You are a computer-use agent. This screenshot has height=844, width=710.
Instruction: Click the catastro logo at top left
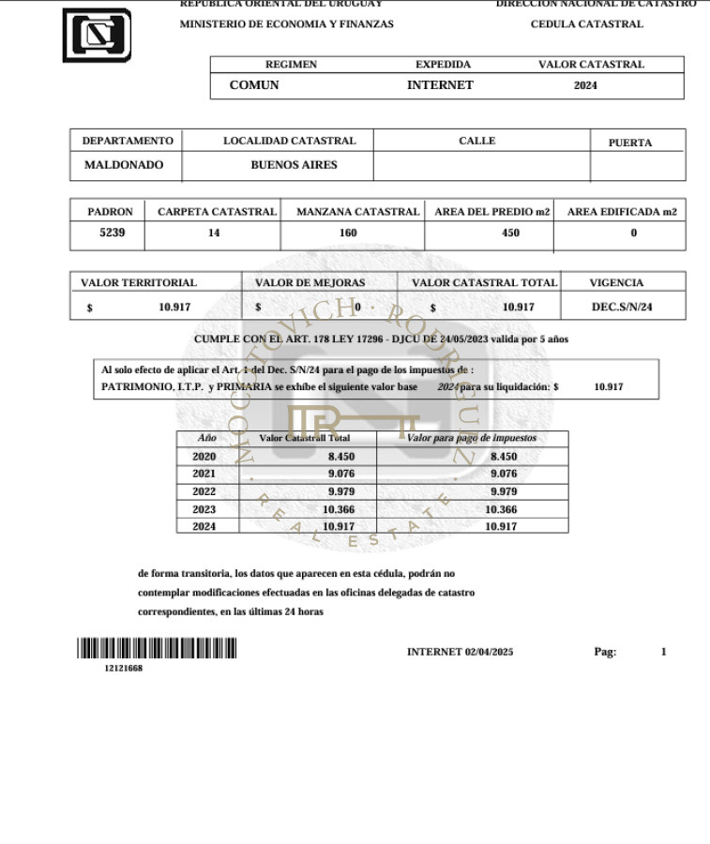click(97, 35)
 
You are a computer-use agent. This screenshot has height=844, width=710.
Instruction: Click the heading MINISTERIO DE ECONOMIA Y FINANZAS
click(287, 24)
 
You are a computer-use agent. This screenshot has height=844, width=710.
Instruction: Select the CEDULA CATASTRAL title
click(587, 24)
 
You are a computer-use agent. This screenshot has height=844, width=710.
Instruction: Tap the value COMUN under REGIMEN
click(254, 85)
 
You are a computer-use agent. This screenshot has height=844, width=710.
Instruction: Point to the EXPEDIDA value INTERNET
click(440, 85)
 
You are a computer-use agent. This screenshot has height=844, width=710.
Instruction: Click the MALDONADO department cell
click(124, 165)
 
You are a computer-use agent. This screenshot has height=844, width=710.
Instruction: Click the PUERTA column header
click(630, 143)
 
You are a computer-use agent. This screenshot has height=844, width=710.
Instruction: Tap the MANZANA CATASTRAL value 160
click(348, 234)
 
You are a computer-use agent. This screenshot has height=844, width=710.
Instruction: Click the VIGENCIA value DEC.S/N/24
click(622, 307)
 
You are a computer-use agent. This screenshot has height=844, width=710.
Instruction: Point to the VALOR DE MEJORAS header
click(310, 282)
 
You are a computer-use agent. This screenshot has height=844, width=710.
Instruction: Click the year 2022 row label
click(204, 491)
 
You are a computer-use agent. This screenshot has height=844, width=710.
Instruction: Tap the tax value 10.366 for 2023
click(502, 509)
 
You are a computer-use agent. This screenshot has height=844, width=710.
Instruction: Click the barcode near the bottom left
click(157, 649)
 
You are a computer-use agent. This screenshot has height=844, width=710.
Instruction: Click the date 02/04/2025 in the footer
click(489, 652)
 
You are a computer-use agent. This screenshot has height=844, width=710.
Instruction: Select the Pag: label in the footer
click(605, 652)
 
